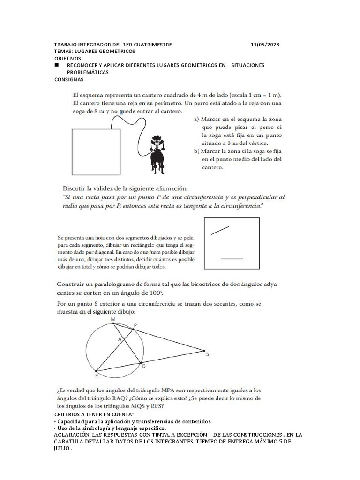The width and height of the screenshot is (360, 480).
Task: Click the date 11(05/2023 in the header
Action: [265, 45]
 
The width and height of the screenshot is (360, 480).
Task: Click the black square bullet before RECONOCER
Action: [56, 65]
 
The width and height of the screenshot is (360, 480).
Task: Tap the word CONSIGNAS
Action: [69, 79]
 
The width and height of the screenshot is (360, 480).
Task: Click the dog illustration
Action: [156, 153]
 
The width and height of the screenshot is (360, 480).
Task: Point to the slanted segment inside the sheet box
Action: [220, 230]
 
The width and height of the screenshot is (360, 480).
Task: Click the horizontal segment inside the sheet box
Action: [232, 258]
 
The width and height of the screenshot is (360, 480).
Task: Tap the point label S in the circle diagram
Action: [207, 355]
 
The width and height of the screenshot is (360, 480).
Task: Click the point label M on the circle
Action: [112, 319]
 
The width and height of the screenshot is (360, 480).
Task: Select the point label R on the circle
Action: [97, 375]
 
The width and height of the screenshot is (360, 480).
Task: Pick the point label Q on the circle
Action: [144, 366]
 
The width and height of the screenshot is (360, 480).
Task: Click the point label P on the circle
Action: [135, 325]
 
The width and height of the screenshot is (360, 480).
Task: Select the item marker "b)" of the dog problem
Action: [196, 151]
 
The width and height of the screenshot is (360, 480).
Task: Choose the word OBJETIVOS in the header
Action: [68, 58]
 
